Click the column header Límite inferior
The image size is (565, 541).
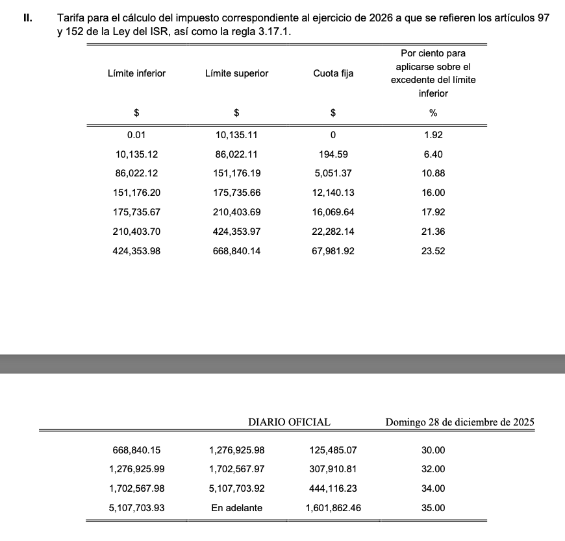click(x=136, y=73)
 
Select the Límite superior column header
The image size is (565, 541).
click(x=236, y=73)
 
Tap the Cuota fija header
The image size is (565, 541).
click(x=333, y=73)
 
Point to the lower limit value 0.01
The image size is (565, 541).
click(x=136, y=135)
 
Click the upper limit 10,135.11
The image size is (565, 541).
click(x=236, y=135)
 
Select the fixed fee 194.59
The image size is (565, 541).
click(x=333, y=154)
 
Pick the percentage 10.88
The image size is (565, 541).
click(x=433, y=174)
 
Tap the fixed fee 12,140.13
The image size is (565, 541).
click(x=333, y=193)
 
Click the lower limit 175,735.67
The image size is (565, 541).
click(x=136, y=212)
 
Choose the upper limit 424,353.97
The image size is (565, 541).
click(x=236, y=232)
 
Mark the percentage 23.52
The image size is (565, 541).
click(x=433, y=251)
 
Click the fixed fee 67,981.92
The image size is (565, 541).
click(x=333, y=251)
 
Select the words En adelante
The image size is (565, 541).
click(x=236, y=508)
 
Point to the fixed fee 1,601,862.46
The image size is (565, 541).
click(x=333, y=508)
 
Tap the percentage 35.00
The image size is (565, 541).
click(x=433, y=508)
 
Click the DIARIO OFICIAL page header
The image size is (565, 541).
click(x=289, y=422)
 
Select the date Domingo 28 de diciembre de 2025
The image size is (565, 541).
click(x=460, y=422)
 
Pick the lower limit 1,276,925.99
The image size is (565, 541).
click(x=136, y=469)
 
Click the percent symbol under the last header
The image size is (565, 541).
click(x=433, y=113)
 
